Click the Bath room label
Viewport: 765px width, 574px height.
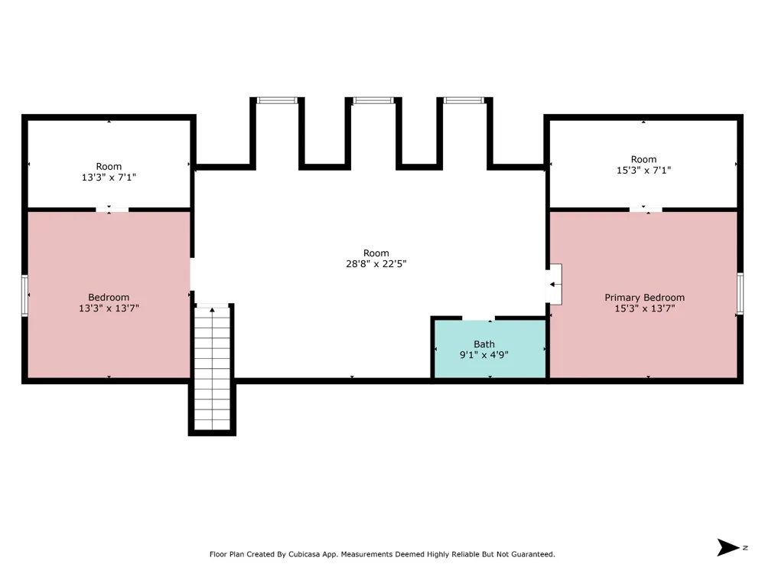pos(484,344)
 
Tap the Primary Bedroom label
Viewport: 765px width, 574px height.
pos(644,297)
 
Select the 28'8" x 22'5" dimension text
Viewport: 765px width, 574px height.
pos(376,264)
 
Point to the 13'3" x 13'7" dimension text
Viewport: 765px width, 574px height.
pos(109,308)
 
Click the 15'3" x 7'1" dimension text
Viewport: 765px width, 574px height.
pos(643,171)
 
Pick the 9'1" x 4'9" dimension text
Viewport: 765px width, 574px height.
pos(484,355)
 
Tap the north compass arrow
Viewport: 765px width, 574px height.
pos(728,547)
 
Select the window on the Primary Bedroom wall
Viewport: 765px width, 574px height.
pos(740,293)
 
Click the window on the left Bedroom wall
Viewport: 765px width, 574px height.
pos(25,295)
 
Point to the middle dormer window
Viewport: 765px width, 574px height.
pos(373,100)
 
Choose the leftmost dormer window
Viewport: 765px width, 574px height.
pos(277,100)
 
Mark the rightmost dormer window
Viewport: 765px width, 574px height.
pos(464,100)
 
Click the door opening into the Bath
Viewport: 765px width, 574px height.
pos(479,318)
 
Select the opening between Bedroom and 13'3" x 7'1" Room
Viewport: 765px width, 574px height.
pos(112,210)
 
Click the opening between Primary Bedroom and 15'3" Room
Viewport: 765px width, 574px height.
pos(646,210)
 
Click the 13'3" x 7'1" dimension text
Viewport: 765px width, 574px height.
pos(109,178)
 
